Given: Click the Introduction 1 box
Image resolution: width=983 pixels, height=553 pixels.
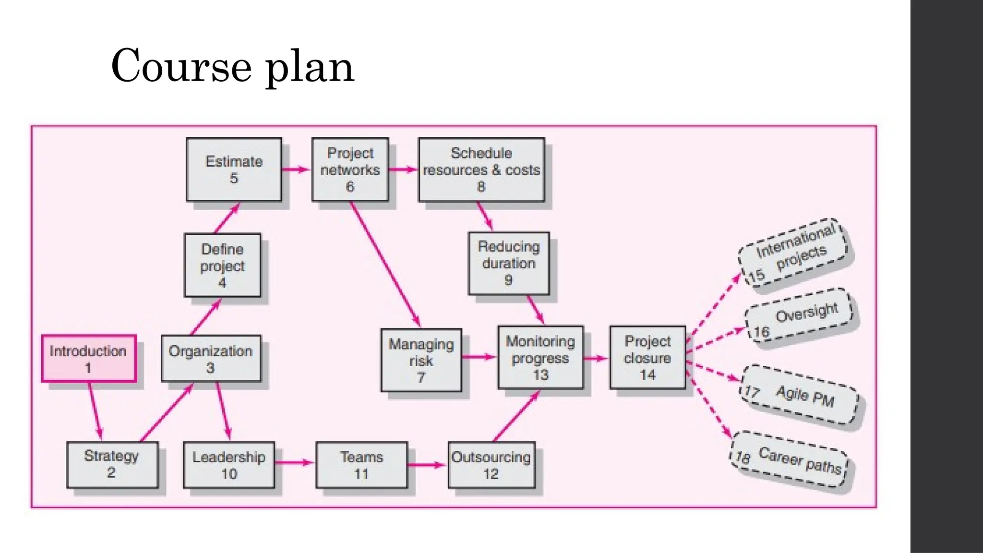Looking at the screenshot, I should tap(89, 359).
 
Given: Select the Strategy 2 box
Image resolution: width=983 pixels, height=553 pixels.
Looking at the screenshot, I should tap(112, 464).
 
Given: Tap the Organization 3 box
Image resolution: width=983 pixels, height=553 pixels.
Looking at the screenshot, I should tap(211, 359).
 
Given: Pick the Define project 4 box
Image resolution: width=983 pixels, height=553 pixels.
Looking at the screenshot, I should tap(223, 265).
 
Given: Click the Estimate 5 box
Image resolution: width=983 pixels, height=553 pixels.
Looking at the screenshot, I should tap(234, 169).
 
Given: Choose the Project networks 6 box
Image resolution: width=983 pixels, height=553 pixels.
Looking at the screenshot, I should tap(350, 169).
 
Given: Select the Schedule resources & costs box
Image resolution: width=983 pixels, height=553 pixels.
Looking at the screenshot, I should tap(481, 169).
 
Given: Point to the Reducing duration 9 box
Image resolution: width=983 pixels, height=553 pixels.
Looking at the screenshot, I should tap(509, 263).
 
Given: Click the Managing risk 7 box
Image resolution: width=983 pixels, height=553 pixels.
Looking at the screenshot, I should tap(421, 360).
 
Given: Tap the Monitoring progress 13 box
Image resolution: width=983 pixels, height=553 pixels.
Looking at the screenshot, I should tap(540, 358).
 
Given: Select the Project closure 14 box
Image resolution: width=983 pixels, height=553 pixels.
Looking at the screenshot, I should tap(647, 358).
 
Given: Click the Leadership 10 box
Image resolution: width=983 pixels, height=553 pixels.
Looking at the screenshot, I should tap(229, 465).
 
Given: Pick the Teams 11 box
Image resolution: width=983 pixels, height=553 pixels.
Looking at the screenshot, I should tap(361, 465).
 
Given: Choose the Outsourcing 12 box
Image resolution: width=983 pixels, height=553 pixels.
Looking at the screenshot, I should tap(491, 465).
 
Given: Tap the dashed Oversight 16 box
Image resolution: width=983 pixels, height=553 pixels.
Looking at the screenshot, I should tap(799, 316).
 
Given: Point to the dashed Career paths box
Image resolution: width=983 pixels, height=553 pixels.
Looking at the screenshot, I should tap(790, 459).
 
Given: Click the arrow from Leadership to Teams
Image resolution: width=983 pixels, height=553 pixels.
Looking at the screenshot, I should tap(294, 463).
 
